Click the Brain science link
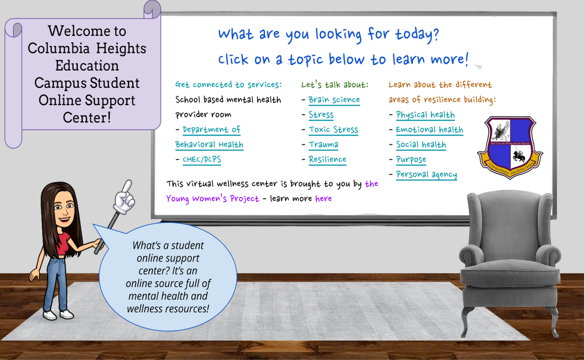tap(334, 100)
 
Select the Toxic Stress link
tap(333, 130)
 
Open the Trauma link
tap(323, 144)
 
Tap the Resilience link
tap(328, 159)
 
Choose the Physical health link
tap(425, 115)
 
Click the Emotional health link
tap(429, 130)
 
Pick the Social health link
tap(421, 144)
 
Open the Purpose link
tap(411, 160)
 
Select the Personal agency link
tap(427, 174)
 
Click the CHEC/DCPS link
tap(202, 160)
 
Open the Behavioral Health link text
tap(209, 145)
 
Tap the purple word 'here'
tap(323, 198)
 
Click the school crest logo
tap(510, 147)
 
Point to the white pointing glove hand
tap(125, 197)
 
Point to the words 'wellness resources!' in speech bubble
tap(168, 309)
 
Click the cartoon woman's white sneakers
tap(58, 314)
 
